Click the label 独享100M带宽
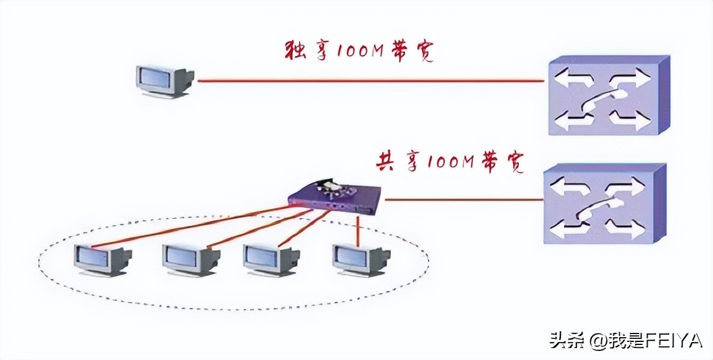[359, 51]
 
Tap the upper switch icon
[607, 95]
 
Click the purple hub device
[334, 196]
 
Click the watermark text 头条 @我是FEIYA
[625, 341]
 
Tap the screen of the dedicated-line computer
[153, 78]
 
